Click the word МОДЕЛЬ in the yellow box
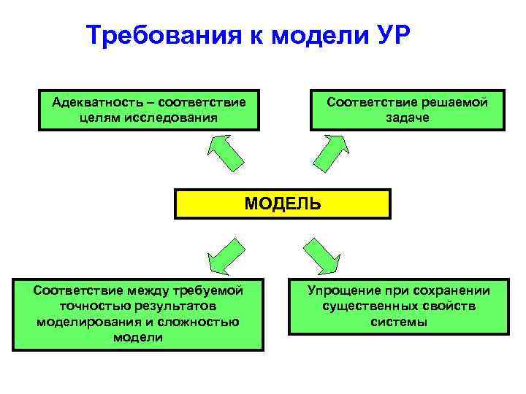[282, 204]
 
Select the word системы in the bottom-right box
[398, 322]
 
